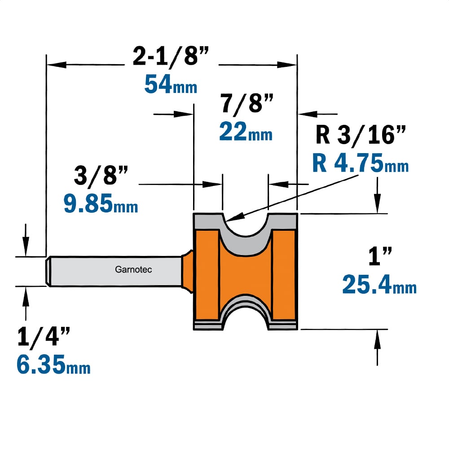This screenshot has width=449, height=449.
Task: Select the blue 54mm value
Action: click(171, 84)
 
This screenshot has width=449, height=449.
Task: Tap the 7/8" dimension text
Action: click(246, 103)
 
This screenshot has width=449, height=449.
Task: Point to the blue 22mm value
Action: click(246, 132)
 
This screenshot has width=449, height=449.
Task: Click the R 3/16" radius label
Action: click(361, 135)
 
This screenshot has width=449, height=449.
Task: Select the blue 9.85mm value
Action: click(101, 203)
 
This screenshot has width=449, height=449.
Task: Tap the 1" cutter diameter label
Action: click(380, 256)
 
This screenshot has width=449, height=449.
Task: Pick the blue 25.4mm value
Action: click(379, 285)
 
